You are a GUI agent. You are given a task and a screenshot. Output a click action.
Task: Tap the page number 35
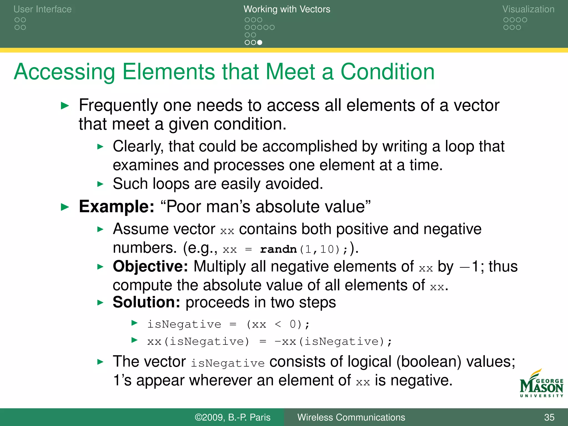[549, 417]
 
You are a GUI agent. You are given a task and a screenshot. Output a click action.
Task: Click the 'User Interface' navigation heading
[42, 9]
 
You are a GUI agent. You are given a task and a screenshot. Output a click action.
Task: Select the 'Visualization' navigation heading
[528, 9]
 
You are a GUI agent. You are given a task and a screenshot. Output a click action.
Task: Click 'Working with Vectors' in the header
[287, 9]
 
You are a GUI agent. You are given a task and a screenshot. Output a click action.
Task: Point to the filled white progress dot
[260, 42]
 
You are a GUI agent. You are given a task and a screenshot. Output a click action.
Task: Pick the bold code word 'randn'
[278, 249]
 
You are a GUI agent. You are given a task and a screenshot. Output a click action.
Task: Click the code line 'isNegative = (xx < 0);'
[228, 324]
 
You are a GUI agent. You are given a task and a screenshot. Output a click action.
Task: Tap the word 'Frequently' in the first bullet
[118, 106]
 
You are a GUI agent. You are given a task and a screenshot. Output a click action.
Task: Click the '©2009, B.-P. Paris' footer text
[232, 417]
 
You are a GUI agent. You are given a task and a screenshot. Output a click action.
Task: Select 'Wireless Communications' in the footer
[351, 417]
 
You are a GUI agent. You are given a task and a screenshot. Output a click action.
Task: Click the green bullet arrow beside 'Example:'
[65, 207]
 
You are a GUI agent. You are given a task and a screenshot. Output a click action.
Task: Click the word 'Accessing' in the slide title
[64, 72]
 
